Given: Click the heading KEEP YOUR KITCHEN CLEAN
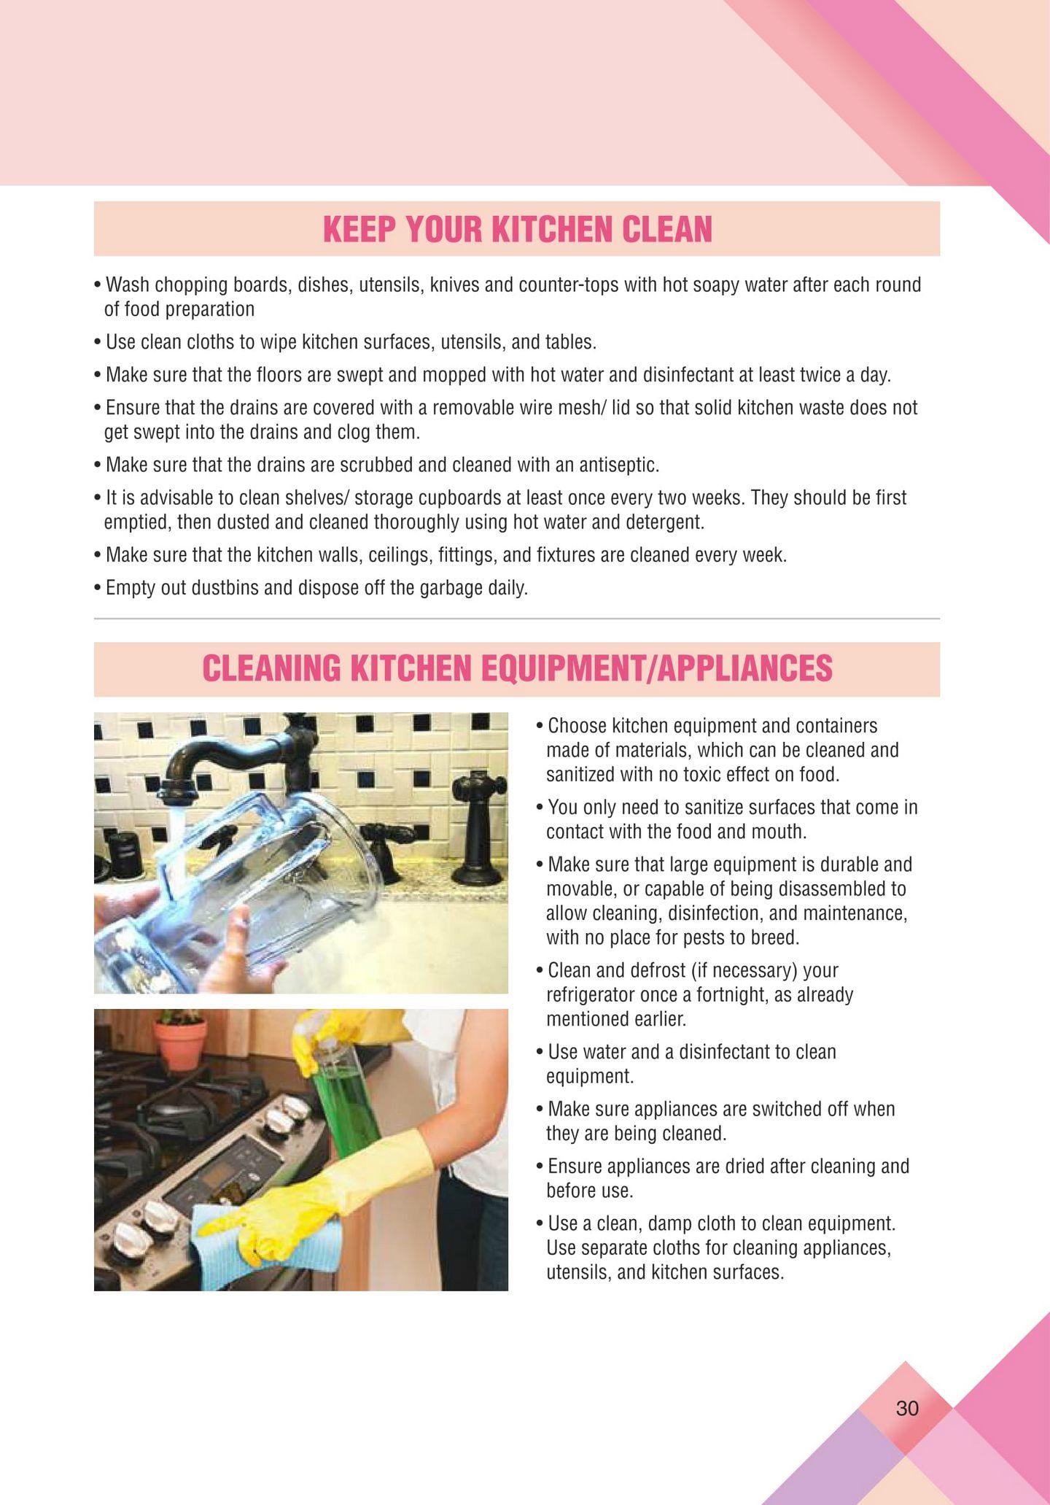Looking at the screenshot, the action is point(517,229).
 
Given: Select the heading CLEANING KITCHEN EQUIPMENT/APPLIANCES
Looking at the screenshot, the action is point(517,668).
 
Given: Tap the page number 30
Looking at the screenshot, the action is point(907,1408).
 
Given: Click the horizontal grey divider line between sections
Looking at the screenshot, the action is point(517,619).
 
